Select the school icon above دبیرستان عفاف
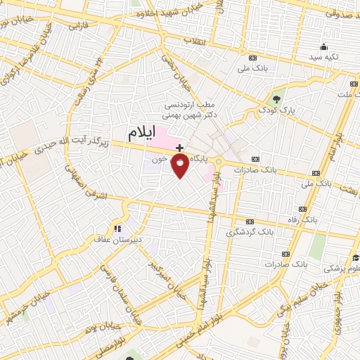tap(117, 228)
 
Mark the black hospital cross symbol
tap(180, 148)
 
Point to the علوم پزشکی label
tap(344, 268)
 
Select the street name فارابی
tap(74, 26)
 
